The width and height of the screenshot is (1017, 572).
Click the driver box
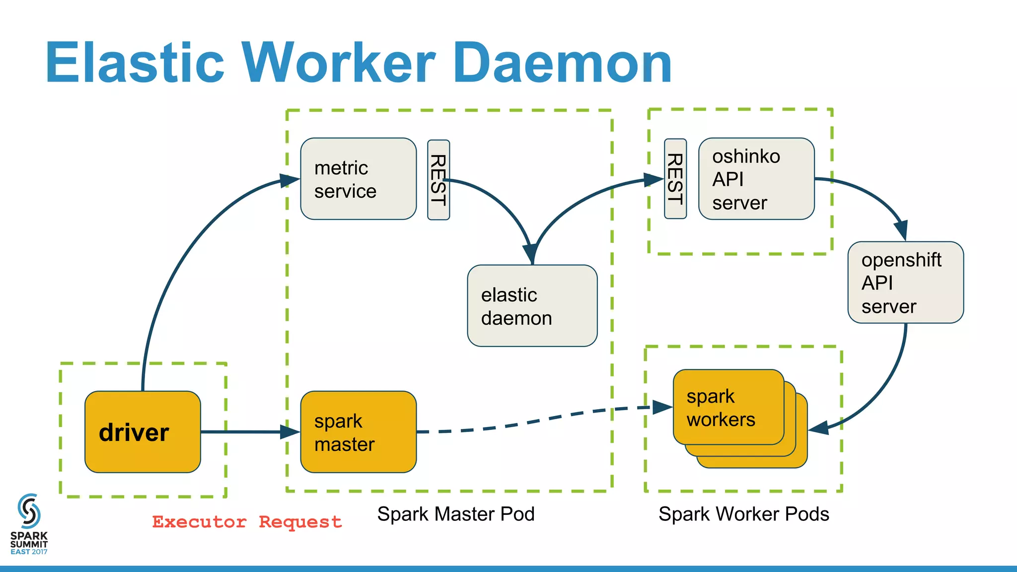pos(143,431)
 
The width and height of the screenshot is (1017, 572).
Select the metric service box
pos(358,179)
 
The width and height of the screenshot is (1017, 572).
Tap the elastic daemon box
pos(532,305)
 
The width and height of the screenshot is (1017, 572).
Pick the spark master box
pos(358,431)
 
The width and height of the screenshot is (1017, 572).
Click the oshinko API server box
pos(756,179)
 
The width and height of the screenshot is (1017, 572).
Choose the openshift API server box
pos(905,282)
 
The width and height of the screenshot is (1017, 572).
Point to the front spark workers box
pos(728,407)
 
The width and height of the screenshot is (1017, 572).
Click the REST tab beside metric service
pos(438,180)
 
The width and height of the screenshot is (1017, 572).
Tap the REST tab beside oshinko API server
pos(675,179)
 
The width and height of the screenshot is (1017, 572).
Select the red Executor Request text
pos(247,522)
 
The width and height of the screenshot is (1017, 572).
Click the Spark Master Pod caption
pos(455,514)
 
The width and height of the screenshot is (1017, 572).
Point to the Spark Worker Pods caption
pos(743,514)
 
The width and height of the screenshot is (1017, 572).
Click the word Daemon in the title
pos(562,63)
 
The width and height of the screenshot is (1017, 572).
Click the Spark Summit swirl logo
pos(29,510)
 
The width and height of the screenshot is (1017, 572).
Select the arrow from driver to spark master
pos(243,432)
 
